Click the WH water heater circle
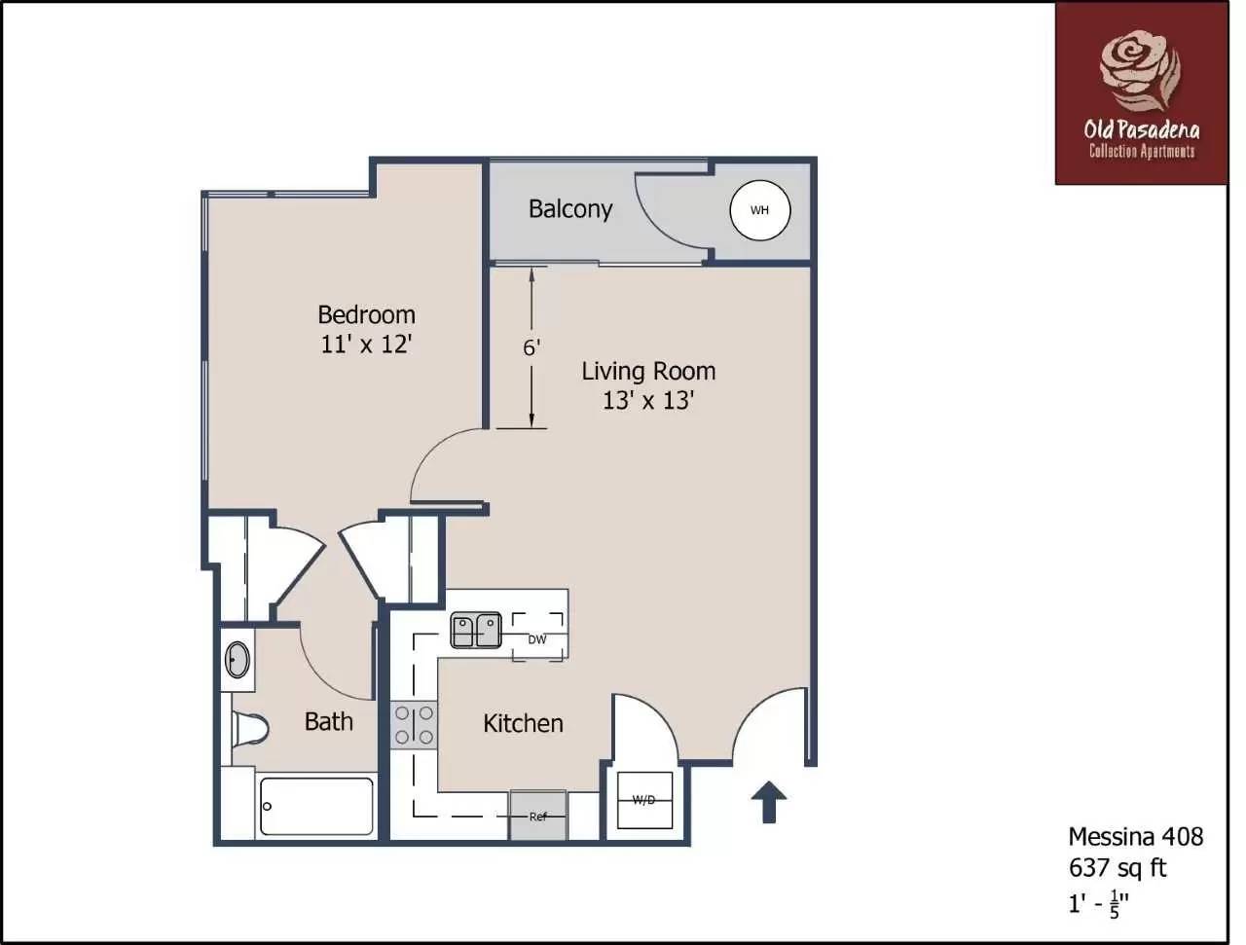click(760, 210)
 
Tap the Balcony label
click(569, 209)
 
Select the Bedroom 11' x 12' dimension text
click(367, 344)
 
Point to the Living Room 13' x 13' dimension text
click(647, 400)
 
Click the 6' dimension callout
click(531, 347)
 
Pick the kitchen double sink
click(475, 630)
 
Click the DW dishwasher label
click(537, 639)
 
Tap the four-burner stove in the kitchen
click(414, 725)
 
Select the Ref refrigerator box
click(538, 816)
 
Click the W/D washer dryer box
click(643, 801)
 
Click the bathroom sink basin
click(237, 660)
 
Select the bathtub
click(316, 806)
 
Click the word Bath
click(329, 721)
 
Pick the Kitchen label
click(523, 723)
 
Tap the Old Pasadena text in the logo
click(1141, 129)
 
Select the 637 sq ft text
click(1117, 866)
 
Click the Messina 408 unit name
click(1135, 836)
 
